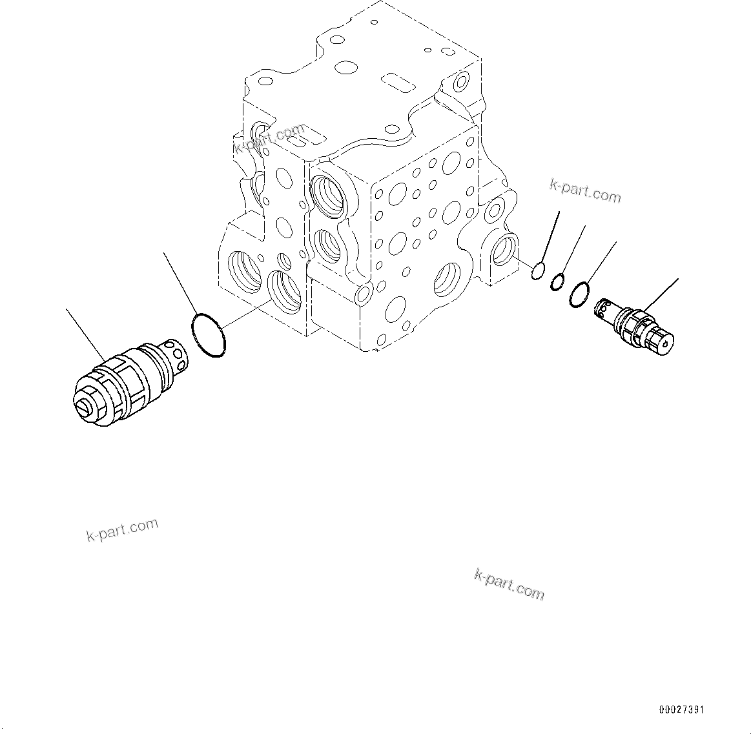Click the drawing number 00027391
click(681, 710)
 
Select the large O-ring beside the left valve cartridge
click(209, 335)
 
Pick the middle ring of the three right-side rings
click(558, 282)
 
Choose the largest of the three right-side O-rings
click(579, 294)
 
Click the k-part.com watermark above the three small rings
click(585, 191)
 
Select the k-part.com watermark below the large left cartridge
click(122, 529)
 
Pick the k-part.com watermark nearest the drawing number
click(509, 584)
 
